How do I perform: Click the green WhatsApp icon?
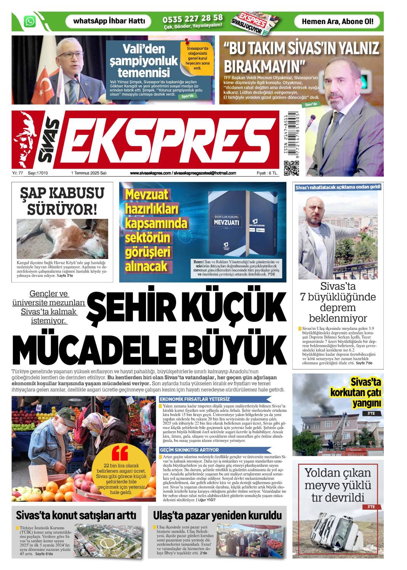[x=30, y=21]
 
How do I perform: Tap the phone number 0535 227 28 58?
[x=192, y=18]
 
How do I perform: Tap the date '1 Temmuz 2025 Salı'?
[x=89, y=173]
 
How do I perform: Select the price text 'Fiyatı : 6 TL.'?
[x=267, y=173]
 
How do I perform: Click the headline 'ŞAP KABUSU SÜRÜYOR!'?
[x=62, y=201]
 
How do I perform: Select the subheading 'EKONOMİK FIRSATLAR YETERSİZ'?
[x=195, y=399]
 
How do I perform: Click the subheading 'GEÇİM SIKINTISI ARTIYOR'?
[x=189, y=450]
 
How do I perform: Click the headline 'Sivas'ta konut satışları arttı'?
[x=76, y=515]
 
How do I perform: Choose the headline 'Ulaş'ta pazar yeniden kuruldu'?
[x=217, y=515]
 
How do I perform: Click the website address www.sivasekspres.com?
[x=150, y=173]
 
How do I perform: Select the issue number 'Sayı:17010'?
[x=38, y=173]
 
